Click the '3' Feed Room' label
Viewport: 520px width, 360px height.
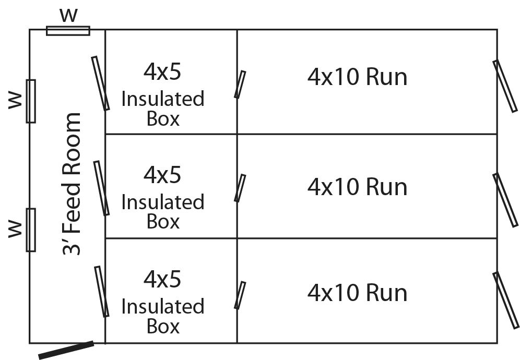click(x=72, y=184)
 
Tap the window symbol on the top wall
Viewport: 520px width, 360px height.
click(x=68, y=31)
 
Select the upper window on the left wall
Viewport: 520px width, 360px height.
click(x=31, y=101)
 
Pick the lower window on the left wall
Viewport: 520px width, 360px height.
click(x=31, y=230)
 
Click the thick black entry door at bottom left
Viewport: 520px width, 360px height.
click(x=66, y=350)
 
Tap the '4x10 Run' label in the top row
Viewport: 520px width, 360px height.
click(x=357, y=77)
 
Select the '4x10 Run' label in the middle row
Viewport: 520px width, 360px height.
click(x=357, y=187)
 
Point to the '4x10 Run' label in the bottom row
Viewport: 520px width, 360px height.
click(x=357, y=292)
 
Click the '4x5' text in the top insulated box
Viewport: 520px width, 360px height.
click(x=162, y=71)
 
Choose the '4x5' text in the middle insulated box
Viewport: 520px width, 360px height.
click(x=162, y=175)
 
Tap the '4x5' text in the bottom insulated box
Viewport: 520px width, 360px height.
click(x=162, y=280)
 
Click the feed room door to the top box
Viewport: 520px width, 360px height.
click(x=101, y=83)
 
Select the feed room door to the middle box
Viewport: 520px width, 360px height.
click(x=101, y=188)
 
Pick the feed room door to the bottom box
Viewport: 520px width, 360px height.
click(x=102, y=291)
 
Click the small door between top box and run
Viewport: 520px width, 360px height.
click(x=240, y=85)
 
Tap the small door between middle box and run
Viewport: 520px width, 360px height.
click(x=240, y=188)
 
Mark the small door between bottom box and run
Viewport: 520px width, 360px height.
click(x=240, y=295)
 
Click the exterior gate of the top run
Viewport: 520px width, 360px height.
click(x=505, y=86)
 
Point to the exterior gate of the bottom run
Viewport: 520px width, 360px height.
click(x=506, y=300)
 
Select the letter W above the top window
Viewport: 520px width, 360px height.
click(x=68, y=15)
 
